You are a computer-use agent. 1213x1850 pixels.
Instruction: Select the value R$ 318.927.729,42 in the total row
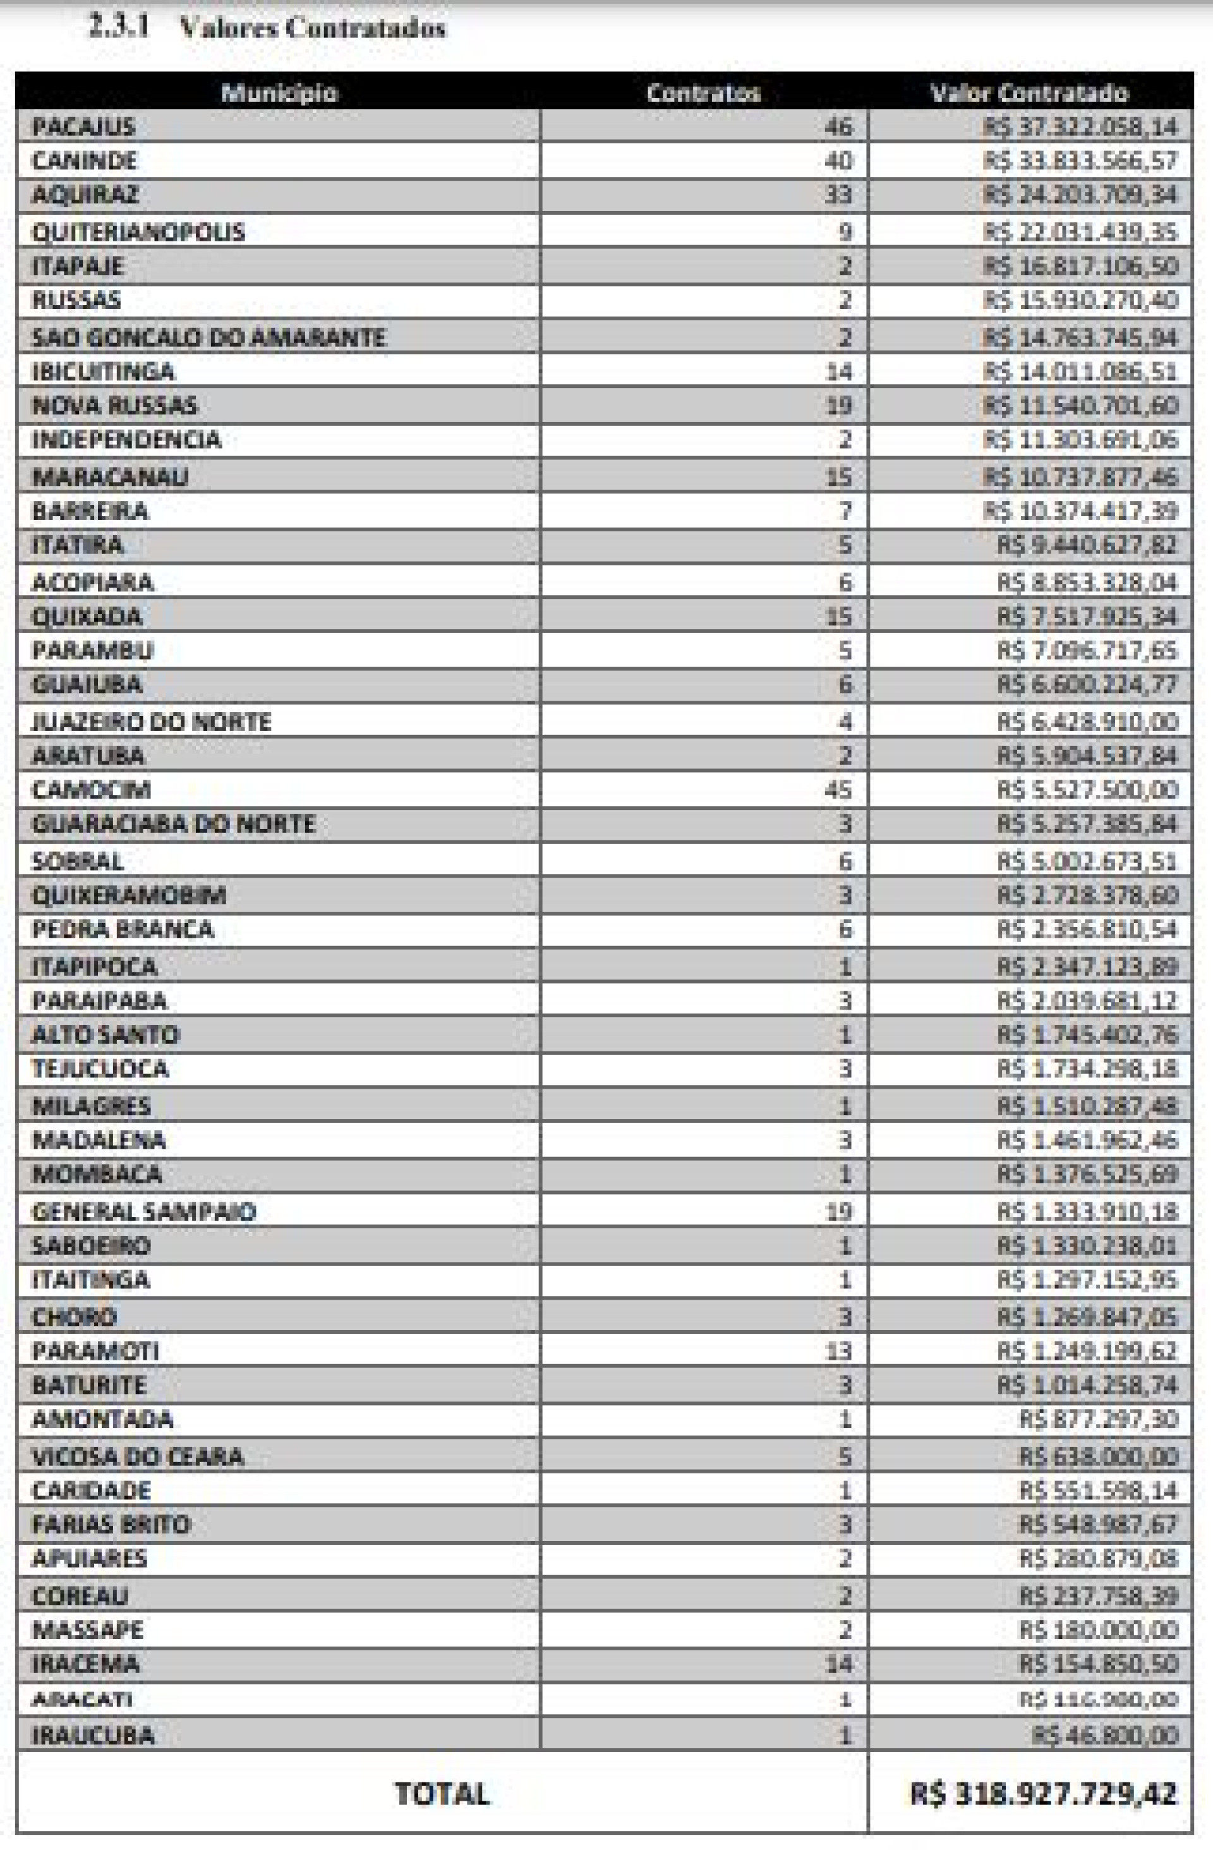[x=1044, y=1794]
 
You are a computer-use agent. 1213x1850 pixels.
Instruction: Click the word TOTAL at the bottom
[x=442, y=1794]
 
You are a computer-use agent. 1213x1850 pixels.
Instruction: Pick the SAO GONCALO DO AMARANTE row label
[x=208, y=337]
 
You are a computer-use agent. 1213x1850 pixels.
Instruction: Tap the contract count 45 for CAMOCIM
[x=839, y=790]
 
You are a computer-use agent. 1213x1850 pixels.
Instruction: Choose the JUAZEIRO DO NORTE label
[x=151, y=722]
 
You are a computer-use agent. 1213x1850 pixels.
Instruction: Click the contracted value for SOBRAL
[x=1087, y=861]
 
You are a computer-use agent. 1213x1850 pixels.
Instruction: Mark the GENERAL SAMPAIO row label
[x=144, y=1212]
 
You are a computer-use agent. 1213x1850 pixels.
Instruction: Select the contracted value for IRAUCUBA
[x=1105, y=1736]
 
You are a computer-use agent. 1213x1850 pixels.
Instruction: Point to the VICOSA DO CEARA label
[x=138, y=1456]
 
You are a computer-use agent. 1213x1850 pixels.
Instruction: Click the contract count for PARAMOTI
[x=839, y=1351]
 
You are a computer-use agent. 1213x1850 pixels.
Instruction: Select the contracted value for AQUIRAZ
[x=1080, y=195]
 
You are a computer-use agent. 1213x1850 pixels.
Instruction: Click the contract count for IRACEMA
[x=839, y=1665]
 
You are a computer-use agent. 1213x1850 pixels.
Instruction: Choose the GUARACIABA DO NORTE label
[x=172, y=824]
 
